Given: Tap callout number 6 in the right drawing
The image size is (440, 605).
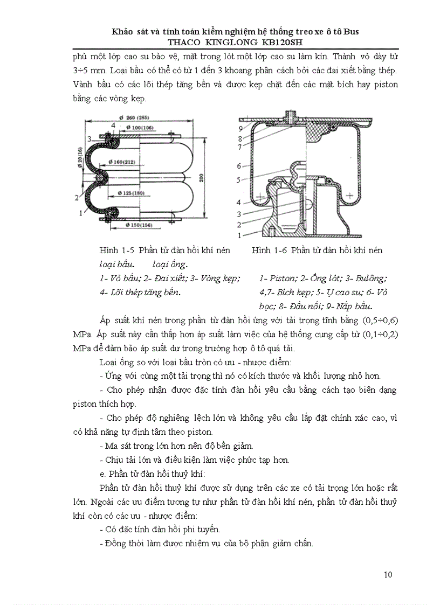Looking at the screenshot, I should coord(239,166).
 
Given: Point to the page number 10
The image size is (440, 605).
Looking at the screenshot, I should coord(388,574).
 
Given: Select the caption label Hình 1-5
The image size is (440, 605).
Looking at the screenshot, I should coord(116,251).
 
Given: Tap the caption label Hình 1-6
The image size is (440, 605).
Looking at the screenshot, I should coord(269,251).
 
